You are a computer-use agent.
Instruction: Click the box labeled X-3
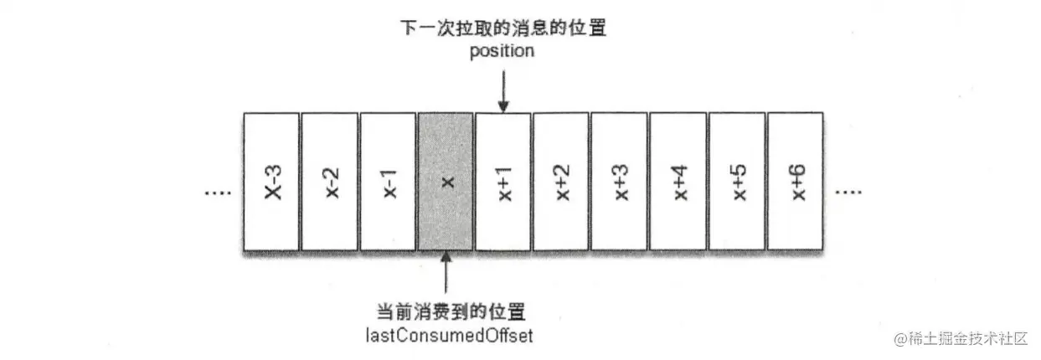point(271,181)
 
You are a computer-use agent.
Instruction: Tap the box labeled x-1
point(388,181)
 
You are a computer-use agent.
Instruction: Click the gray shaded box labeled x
point(446,181)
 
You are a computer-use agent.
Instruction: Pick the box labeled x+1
point(503,181)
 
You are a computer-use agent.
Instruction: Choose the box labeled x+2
point(561,181)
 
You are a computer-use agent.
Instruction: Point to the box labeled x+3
point(620,181)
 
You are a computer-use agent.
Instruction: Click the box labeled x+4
point(678,181)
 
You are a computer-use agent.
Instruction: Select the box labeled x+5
point(737,181)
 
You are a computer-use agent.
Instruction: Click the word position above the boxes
point(502,51)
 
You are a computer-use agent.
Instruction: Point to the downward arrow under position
point(503,90)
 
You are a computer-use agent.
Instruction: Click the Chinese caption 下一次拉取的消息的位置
point(502,28)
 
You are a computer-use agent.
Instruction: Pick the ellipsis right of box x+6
point(848,192)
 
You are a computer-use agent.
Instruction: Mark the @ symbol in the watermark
point(901,339)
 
